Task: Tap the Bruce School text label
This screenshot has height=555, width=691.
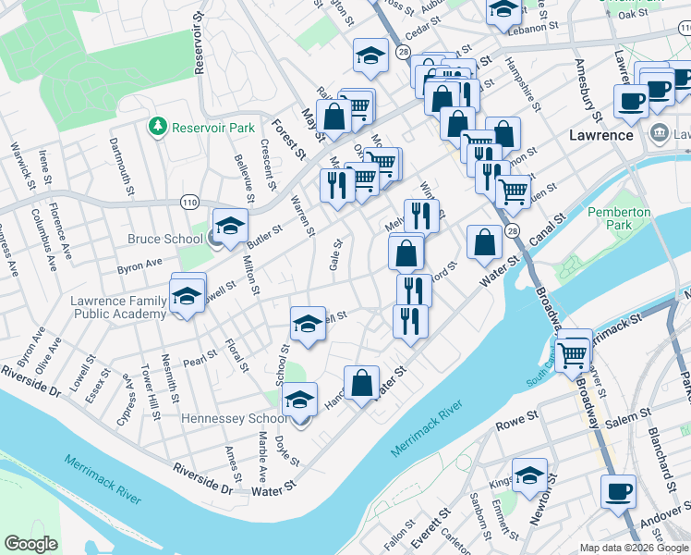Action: click(x=165, y=240)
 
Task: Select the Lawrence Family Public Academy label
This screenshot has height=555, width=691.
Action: click(x=119, y=307)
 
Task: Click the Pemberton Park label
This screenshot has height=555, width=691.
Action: click(x=619, y=218)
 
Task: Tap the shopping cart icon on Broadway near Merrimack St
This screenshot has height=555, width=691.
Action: click(x=573, y=351)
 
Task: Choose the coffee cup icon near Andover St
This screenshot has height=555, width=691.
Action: click(x=618, y=490)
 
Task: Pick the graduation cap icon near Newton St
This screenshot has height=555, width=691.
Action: click(x=529, y=476)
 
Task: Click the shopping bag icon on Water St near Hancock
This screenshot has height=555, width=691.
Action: click(x=362, y=381)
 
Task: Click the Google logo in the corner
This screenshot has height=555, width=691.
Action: click(x=30, y=544)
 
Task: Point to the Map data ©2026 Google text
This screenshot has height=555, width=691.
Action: click(x=634, y=548)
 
